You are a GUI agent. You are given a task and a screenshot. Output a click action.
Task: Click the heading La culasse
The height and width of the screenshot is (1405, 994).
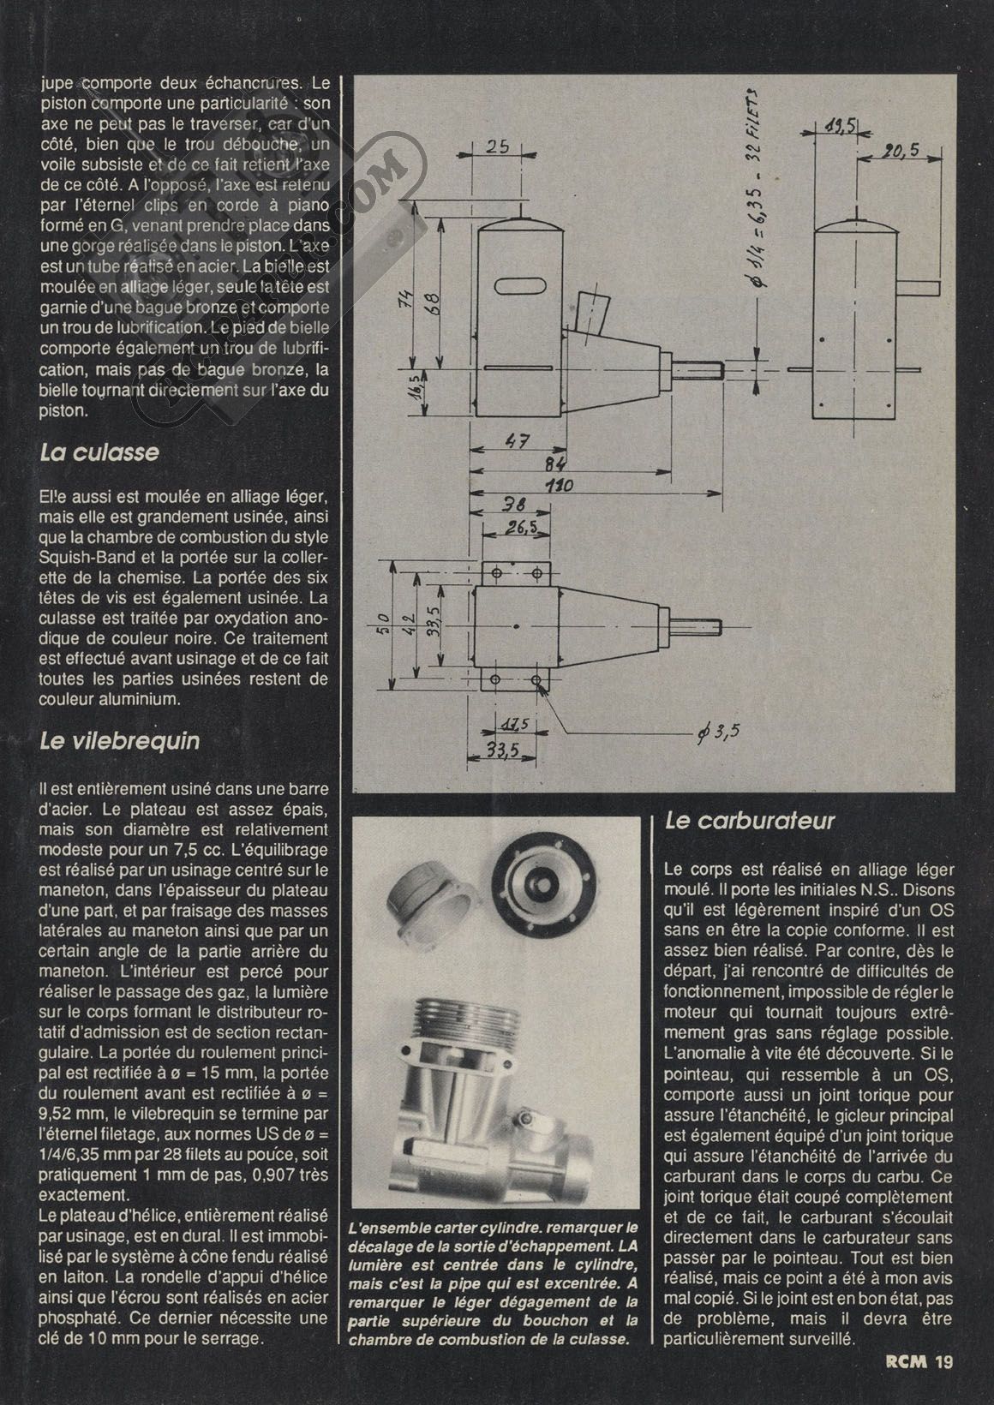click(x=99, y=451)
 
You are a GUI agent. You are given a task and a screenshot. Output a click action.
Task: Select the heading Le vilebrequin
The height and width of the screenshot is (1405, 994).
click(x=119, y=741)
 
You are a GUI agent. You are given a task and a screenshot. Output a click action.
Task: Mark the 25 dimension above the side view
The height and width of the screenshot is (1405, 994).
click(x=498, y=146)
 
